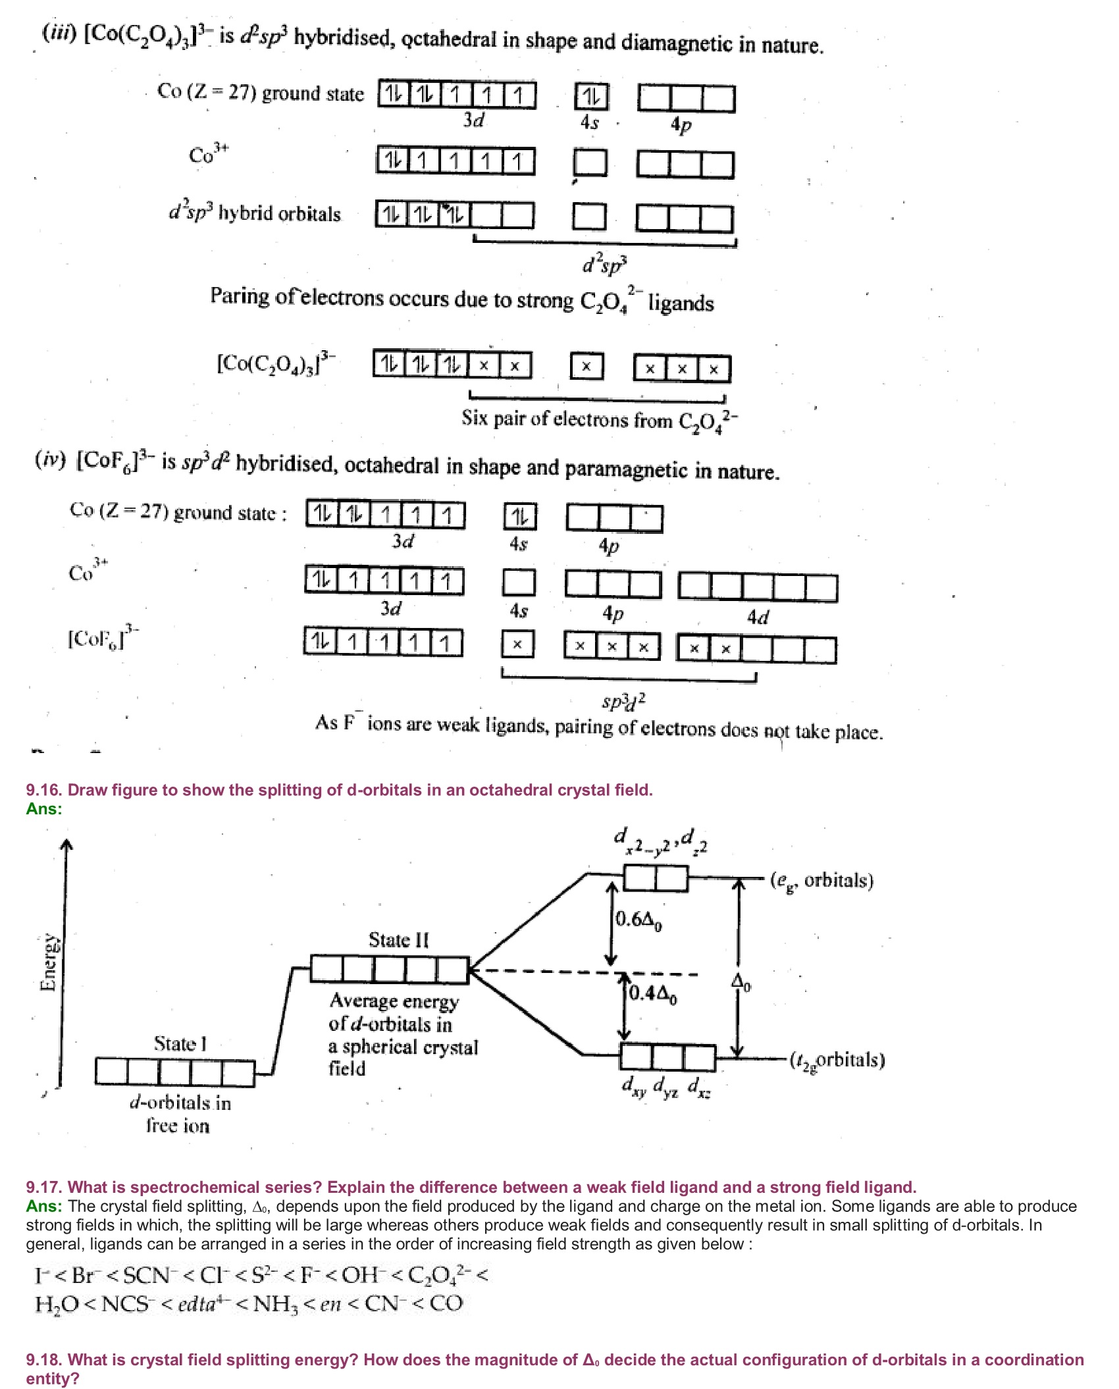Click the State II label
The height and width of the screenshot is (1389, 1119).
[398, 939]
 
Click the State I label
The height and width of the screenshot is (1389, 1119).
[180, 1043]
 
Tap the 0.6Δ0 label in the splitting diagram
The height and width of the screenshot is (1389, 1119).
[638, 920]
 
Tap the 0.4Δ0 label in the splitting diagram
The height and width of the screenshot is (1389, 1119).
[653, 993]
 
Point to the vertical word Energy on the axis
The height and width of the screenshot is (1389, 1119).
[48, 962]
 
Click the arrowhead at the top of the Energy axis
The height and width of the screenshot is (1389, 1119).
[66, 845]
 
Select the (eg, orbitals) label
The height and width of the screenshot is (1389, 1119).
[821, 881]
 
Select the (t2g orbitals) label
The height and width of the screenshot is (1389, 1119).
[837, 1060]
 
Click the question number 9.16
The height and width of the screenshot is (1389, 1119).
[44, 790]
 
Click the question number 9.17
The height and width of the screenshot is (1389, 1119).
[44, 1187]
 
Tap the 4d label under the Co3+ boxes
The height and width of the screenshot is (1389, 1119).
[758, 617]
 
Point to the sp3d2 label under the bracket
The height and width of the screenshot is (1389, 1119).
[624, 701]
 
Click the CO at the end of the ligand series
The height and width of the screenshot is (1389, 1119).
[446, 1303]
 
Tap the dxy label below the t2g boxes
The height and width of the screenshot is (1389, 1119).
[634, 1086]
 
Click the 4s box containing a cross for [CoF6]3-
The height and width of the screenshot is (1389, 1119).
[518, 644]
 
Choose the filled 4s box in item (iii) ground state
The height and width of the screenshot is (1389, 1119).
[591, 97]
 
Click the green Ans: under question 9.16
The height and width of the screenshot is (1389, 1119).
[44, 808]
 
